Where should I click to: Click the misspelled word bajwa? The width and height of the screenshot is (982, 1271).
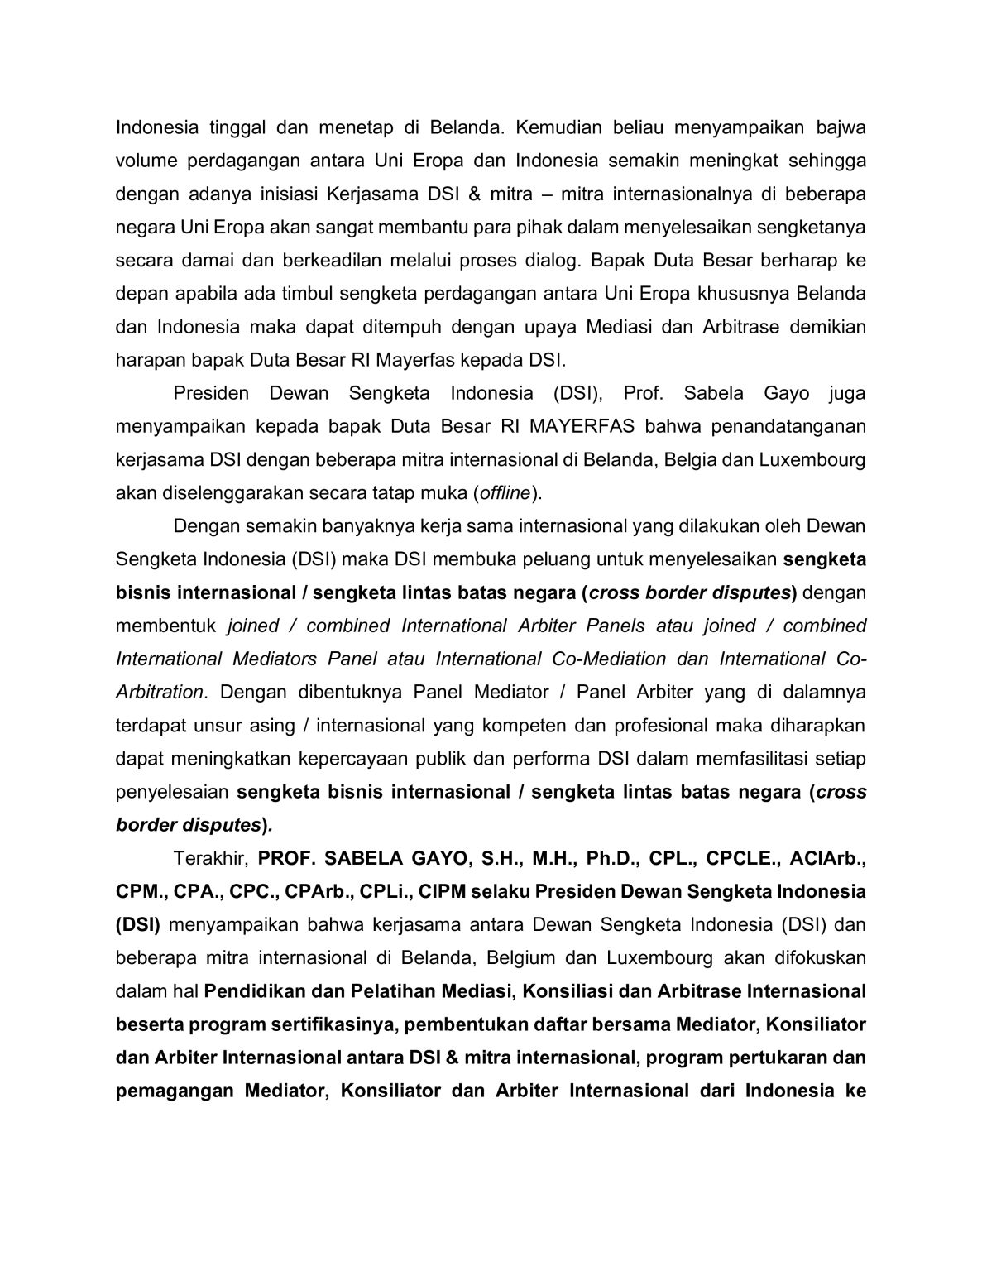tap(840, 127)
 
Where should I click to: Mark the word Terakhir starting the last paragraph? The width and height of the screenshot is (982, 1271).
tap(205, 858)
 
